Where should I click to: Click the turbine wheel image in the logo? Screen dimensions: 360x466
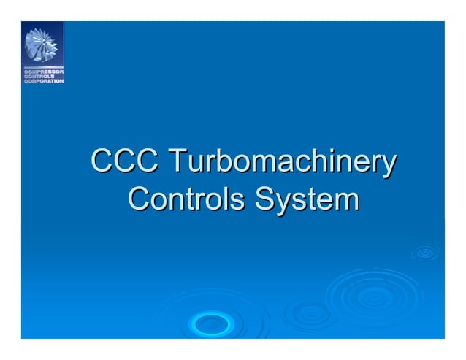click(x=42, y=45)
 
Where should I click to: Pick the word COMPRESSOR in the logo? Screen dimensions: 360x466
click(x=42, y=72)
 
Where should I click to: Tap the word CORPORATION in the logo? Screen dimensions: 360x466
click(x=43, y=80)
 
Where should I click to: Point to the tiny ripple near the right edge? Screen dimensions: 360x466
click(x=425, y=253)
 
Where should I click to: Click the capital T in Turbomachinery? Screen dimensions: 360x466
click(x=177, y=161)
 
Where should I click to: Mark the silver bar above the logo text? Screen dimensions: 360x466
click(x=42, y=67)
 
